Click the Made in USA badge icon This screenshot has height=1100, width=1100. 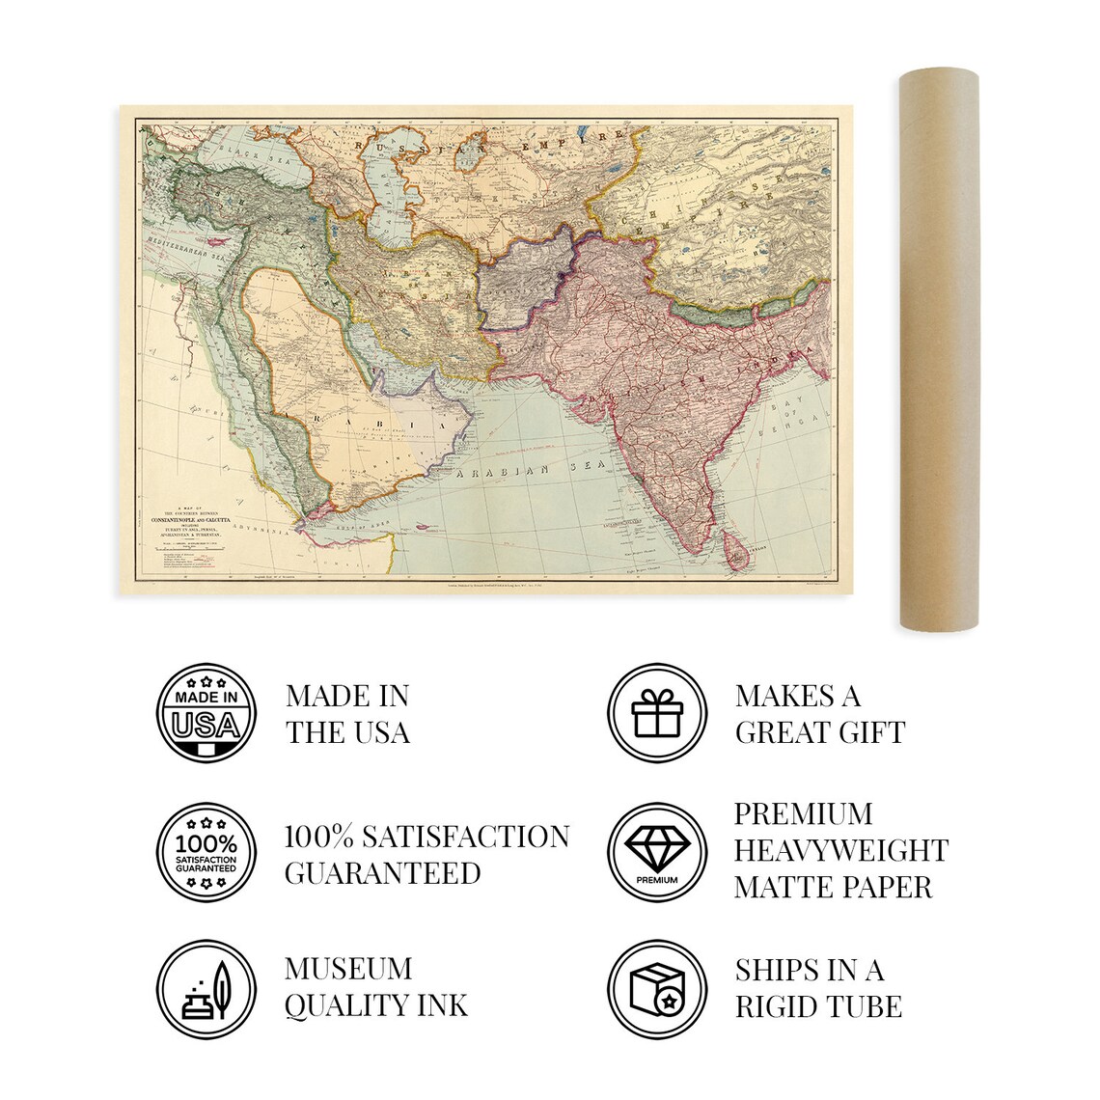(x=206, y=714)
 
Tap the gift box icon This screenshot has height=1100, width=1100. (x=656, y=714)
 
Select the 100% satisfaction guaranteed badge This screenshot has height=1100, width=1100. (x=206, y=853)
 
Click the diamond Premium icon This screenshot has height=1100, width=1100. (x=656, y=853)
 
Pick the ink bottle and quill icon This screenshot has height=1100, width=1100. (x=206, y=991)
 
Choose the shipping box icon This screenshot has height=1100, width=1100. (x=656, y=991)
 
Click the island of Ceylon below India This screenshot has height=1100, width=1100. (x=737, y=553)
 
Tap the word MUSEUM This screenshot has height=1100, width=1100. (x=348, y=969)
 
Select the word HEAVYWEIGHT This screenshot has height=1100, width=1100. (x=840, y=850)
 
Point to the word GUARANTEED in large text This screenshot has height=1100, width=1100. (x=382, y=872)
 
